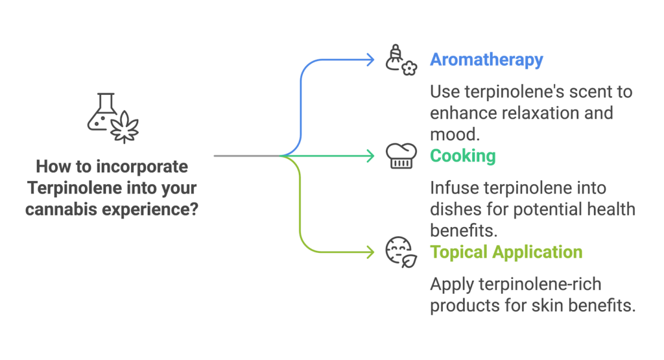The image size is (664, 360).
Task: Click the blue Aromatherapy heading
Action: pos(486,60)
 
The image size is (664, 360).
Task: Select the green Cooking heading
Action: pos(462,156)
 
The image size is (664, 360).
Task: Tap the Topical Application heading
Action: pos(506,252)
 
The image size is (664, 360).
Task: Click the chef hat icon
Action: pos(401,156)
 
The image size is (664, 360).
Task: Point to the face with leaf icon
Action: pos(401,252)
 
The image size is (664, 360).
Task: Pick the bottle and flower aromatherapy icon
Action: pos(401,60)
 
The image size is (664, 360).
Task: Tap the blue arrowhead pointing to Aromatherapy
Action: pos(370,60)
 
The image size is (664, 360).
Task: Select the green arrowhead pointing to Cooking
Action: pos(370,156)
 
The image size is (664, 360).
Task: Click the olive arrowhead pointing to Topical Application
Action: pos(370,252)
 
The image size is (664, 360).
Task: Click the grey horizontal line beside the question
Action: pos(246,156)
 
